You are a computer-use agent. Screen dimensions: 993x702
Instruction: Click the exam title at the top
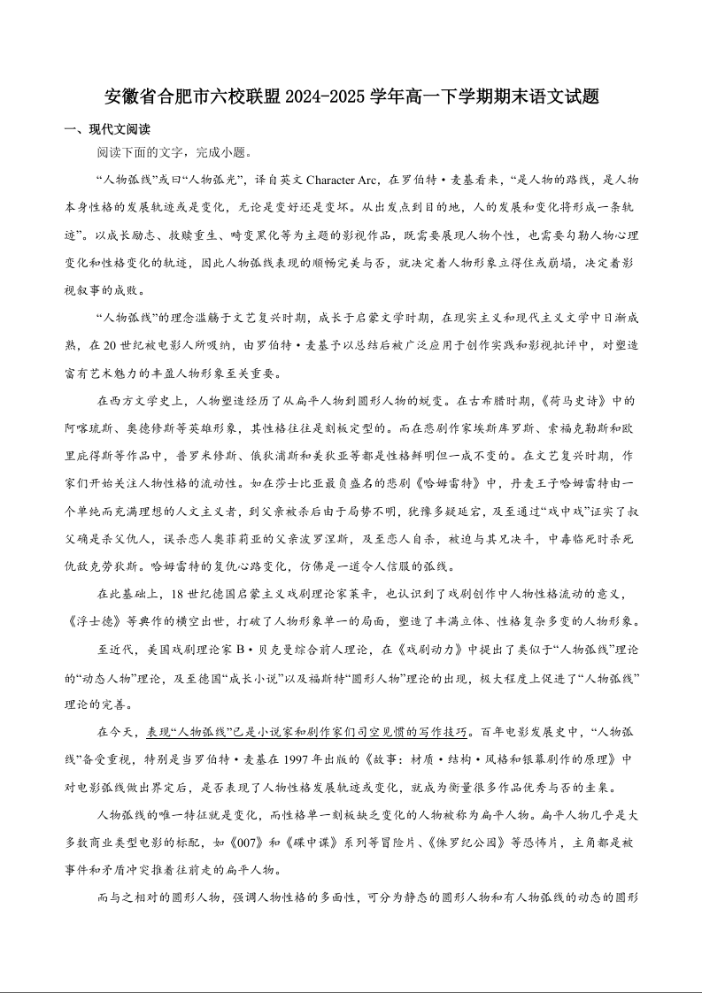coord(351,96)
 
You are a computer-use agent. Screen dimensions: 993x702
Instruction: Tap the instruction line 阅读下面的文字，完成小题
coord(174,152)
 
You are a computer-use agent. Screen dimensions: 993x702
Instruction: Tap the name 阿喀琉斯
coord(93,428)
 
